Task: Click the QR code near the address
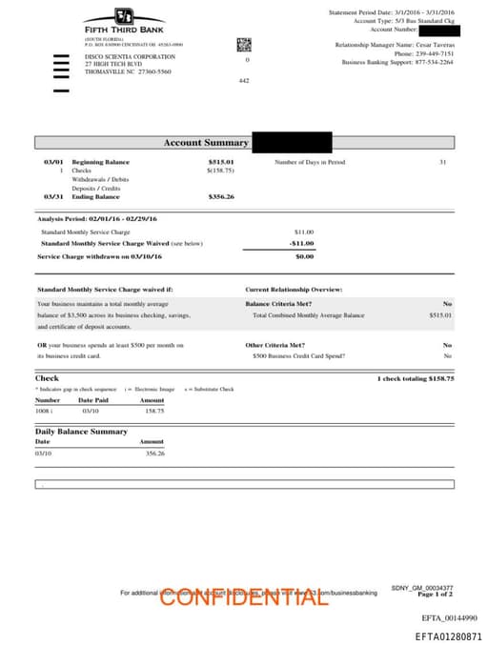click(x=243, y=44)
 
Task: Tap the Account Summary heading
click(x=206, y=143)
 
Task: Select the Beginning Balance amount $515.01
click(x=221, y=163)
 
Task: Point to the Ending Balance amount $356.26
click(x=221, y=197)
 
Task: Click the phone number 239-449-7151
click(x=434, y=53)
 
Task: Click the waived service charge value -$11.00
click(x=302, y=243)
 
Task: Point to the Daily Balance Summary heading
click(x=81, y=432)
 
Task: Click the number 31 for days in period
click(x=442, y=163)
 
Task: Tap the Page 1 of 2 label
click(x=435, y=595)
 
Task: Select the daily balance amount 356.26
click(x=153, y=454)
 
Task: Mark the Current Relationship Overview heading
click(x=294, y=289)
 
